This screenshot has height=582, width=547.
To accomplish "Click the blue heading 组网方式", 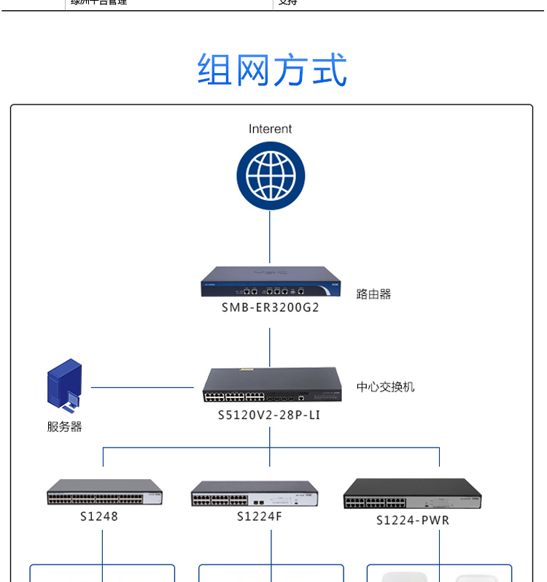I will click(x=272, y=71).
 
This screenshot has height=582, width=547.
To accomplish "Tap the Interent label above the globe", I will click(x=270, y=129).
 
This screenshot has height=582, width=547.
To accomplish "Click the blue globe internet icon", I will click(x=270, y=176).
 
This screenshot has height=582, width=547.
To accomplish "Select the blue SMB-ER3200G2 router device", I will click(x=271, y=283).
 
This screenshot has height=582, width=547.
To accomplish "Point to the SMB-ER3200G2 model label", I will click(x=271, y=307).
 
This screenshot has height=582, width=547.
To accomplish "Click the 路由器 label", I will click(x=373, y=294).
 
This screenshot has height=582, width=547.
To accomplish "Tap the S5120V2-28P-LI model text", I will click(x=269, y=415).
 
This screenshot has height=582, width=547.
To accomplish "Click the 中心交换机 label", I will click(x=385, y=387).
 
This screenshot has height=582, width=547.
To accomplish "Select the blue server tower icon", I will click(x=65, y=384).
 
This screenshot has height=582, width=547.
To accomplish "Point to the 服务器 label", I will click(x=65, y=426).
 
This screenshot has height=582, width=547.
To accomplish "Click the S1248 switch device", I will click(x=104, y=493).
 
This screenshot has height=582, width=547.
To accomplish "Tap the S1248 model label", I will click(x=99, y=516).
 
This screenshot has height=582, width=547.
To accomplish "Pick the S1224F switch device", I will click(x=255, y=494).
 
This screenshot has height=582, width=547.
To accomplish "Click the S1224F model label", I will click(x=259, y=517).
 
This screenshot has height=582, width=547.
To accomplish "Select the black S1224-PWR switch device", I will click(x=413, y=494).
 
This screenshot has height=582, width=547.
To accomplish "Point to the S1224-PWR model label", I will click(x=413, y=520).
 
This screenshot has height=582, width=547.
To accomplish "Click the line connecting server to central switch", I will click(x=142, y=387).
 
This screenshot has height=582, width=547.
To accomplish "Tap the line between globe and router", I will click(x=270, y=237).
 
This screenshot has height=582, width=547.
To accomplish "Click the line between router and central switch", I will click(x=270, y=347).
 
